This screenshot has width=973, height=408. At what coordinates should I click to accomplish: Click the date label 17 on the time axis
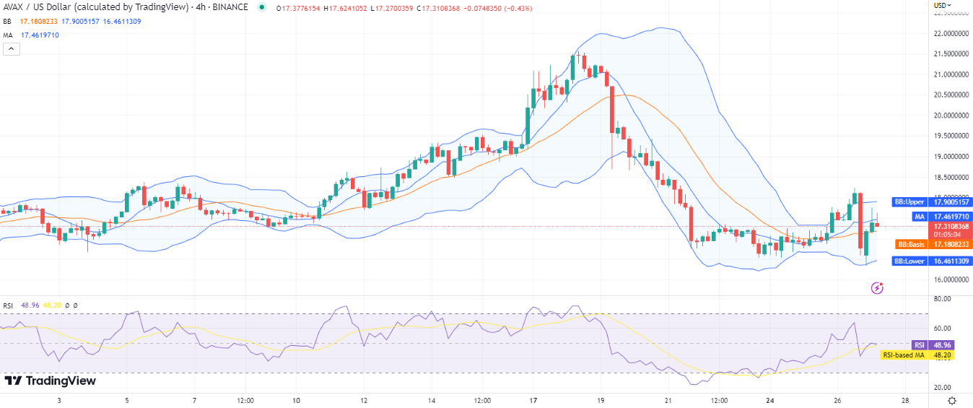click(533, 400)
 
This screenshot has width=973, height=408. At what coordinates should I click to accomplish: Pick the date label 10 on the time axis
click(296, 400)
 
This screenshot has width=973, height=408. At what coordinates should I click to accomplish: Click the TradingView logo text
click(51, 381)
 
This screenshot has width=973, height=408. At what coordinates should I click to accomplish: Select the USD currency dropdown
click(942, 6)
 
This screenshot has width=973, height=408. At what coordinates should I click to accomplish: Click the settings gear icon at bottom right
click(952, 400)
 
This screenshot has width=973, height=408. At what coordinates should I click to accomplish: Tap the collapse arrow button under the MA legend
click(11, 49)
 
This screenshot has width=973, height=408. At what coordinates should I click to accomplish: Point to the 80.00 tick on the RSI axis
click(943, 298)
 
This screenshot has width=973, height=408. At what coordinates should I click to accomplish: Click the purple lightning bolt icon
click(878, 288)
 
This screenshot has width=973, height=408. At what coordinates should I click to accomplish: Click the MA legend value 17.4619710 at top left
click(40, 35)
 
